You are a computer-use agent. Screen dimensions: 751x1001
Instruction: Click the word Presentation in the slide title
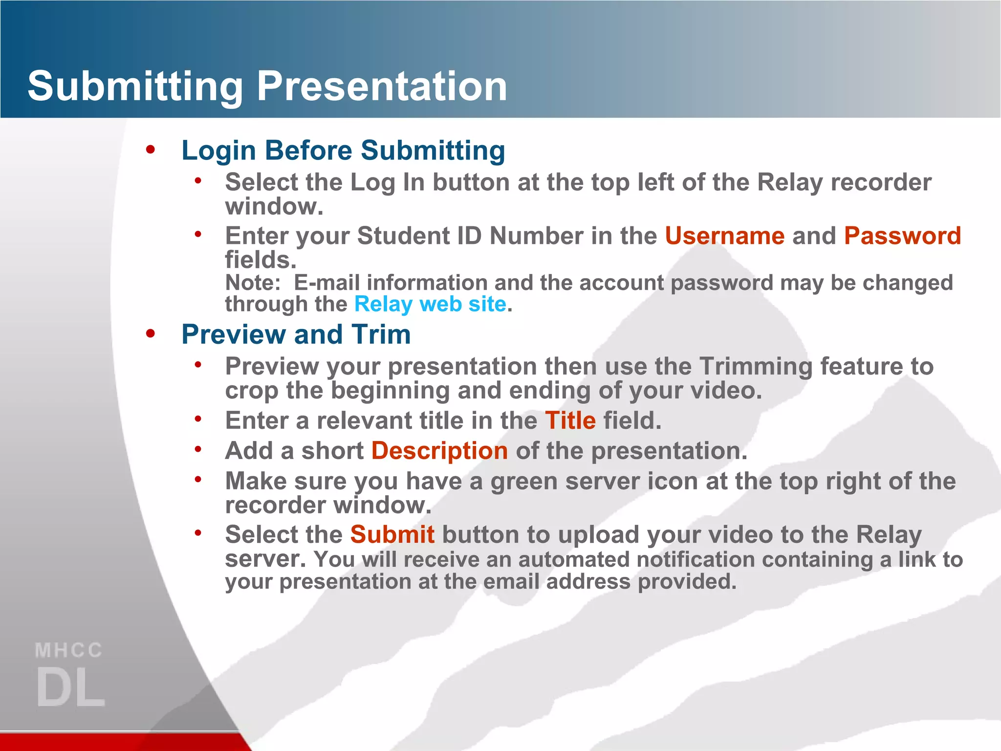click(x=382, y=86)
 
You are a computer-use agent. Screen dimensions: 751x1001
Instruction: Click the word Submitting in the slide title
click(x=135, y=86)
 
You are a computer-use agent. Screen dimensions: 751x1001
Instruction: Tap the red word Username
click(x=724, y=236)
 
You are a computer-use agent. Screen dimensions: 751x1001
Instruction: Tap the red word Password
click(x=902, y=236)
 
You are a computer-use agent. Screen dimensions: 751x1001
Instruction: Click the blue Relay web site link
click(x=430, y=304)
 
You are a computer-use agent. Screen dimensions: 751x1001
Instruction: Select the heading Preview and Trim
click(x=296, y=334)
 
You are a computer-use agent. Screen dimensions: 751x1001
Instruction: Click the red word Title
click(x=570, y=420)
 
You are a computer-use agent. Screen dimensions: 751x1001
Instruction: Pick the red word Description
click(x=439, y=451)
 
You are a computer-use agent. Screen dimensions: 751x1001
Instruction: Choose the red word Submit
click(x=392, y=534)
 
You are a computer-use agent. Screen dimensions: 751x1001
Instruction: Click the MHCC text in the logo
click(x=68, y=650)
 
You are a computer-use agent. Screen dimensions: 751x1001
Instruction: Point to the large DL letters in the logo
click(x=71, y=687)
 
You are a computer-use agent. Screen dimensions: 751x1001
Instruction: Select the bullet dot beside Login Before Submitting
click(x=150, y=149)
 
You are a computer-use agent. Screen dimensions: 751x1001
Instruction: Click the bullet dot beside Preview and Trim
click(x=150, y=333)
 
